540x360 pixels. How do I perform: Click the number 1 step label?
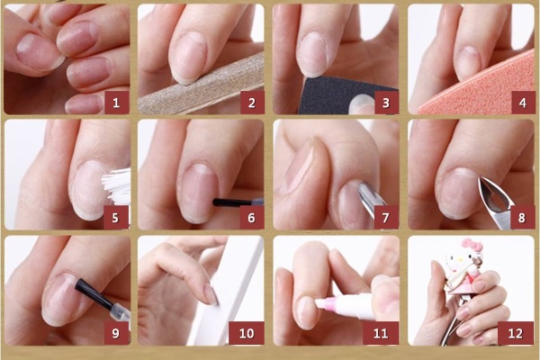[116, 103]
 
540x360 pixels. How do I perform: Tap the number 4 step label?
[522, 103]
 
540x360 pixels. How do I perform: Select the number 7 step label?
[386, 218]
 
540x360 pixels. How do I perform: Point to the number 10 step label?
[247, 333]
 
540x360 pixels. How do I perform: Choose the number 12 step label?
[516, 333]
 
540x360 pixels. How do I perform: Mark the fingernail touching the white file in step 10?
[211, 294]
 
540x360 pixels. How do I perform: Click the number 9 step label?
[116, 333]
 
